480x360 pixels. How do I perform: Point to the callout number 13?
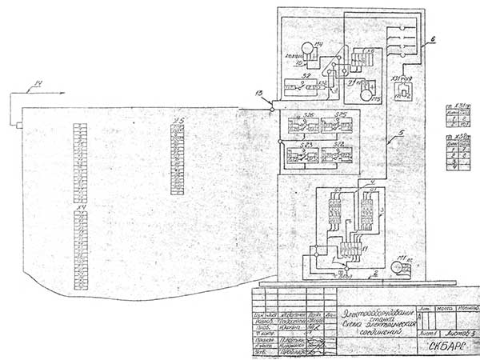[x=258, y=94]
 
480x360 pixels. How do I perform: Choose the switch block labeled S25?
[x=342, y=126]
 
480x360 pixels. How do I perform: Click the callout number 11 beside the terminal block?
[x=366, y=250]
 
